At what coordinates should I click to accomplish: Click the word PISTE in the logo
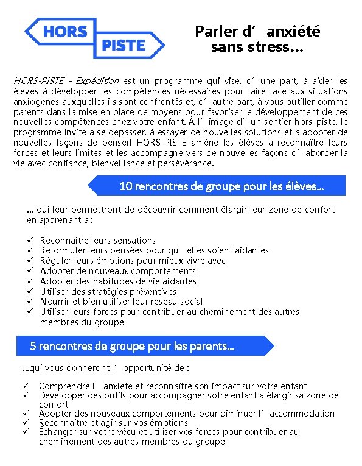(x=124, y=44)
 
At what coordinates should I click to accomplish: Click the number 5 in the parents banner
(x=33, y=347)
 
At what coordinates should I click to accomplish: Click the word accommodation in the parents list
(x=302, y=413)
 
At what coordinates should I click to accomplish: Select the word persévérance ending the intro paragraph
(x=185, y=163)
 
